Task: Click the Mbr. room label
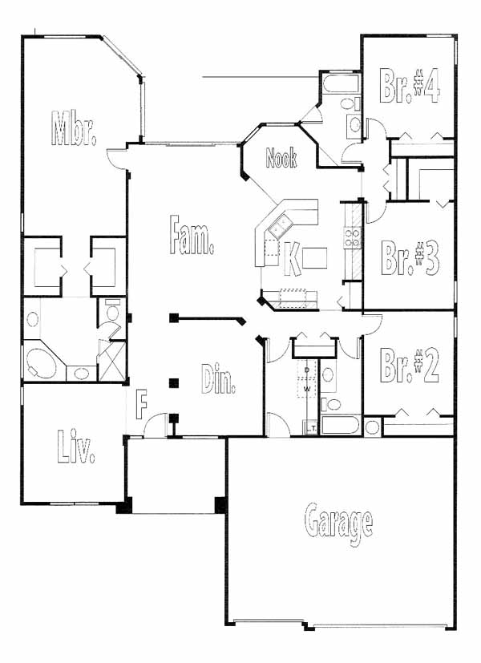point(74,128)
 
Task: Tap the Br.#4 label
point(410,86)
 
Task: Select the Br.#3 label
point(410,258)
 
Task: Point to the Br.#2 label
point(409,366)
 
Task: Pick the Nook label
point(281,158)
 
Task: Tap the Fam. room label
point(191,235)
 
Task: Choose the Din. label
point(218,379)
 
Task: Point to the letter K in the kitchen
point(292,259)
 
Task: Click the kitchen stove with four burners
point(352,237)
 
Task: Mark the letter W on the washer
point(307,388)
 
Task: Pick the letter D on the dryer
point(307,370)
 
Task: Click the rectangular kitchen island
point(314,258)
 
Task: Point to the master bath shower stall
point(112,362)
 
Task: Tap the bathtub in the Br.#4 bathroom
point(341,83)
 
